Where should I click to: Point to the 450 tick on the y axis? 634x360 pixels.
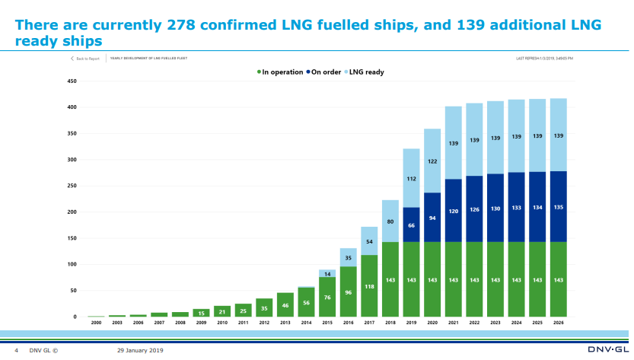click(x=72, y=81)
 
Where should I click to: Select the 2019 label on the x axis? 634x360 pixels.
click(x=411, y=323)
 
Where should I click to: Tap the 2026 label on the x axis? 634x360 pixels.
click(x=559, y=323)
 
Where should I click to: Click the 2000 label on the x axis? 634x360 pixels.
click(x=96, y=323)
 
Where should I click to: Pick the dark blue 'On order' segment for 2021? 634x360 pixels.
click(x=454, y=210)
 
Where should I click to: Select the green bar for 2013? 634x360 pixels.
click(x=285, y=304)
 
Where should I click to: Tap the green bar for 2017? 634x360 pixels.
click(x=369, y=286)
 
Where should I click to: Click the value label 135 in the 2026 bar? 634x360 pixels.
click(x=559, y=205)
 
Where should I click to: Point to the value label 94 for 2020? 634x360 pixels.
click(x=432, y=217)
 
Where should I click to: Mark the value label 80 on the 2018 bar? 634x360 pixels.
click(x=390, y=221)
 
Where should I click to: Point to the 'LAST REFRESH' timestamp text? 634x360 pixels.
click(x=544, y=58)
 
